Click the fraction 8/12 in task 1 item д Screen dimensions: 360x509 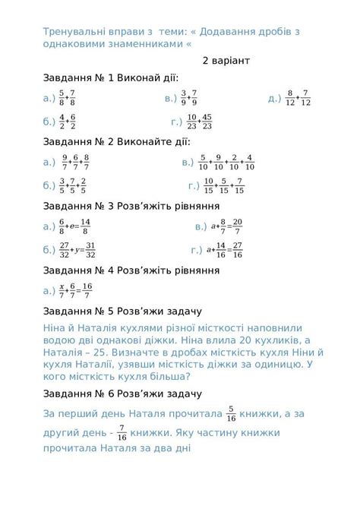290,98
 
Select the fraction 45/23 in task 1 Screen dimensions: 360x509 207,122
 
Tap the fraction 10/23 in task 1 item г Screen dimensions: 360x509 192,122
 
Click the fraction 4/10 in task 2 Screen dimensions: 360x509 250,163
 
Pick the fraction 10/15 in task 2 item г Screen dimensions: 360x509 208,185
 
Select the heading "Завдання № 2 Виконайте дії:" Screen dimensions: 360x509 116,142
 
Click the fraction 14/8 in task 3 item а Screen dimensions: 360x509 85,226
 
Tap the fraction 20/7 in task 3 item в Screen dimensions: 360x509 237,226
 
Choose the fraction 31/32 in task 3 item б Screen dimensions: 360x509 90,250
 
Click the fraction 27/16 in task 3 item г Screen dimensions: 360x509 237,250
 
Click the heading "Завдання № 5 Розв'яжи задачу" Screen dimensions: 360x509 122,311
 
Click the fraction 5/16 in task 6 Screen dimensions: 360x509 232,414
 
